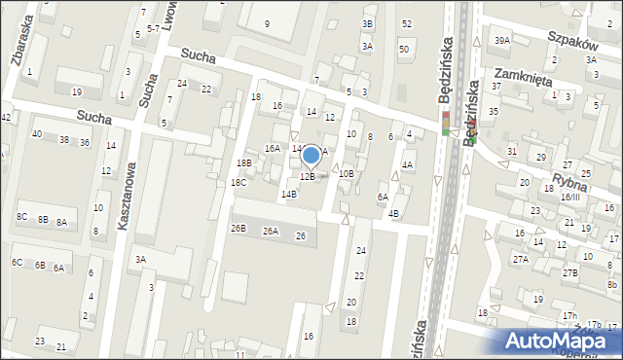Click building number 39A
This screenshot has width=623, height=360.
[x=501, y=40]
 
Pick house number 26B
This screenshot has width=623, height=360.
[x=238, y=229]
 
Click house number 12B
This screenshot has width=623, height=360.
[x=307, y=176]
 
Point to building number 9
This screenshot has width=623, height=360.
[x=268, y=22]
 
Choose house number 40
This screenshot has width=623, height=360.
[x=36, y=133]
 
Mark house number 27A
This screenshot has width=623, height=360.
[x=521, y=260]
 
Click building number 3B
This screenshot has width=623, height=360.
[x=367, y=23]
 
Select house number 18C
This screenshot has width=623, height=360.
[x=238, y=183]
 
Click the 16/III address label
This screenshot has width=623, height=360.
[x=569, y=198]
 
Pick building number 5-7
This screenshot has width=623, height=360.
[x=153, y=29]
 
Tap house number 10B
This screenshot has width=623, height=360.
[x=346, y=174]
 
